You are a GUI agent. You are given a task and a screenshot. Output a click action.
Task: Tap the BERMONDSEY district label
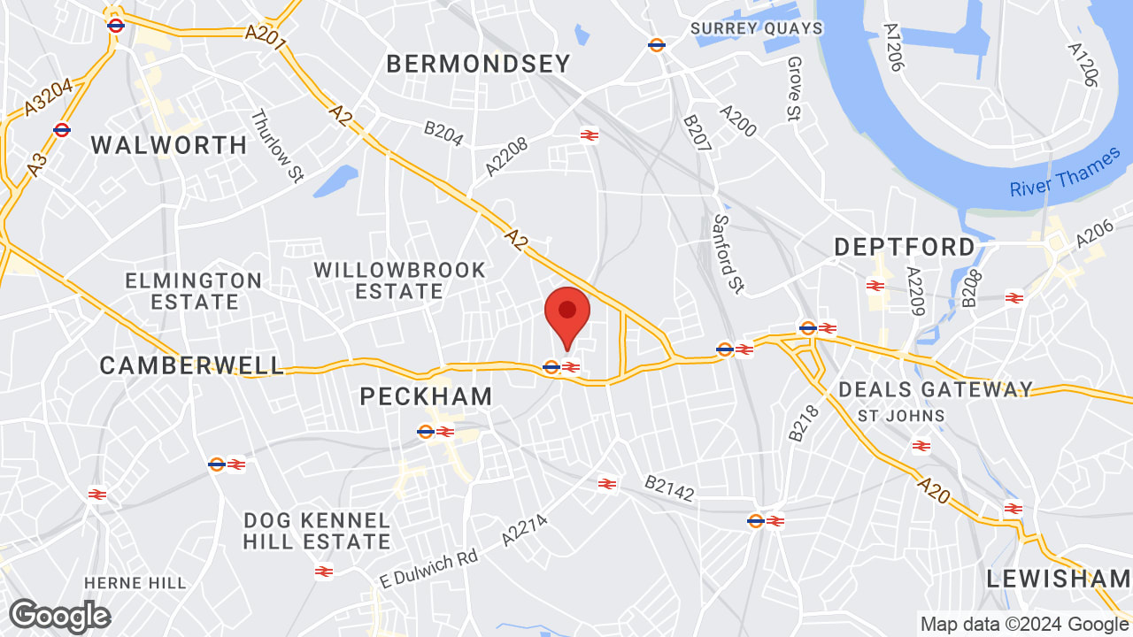pyautogui.click(x=479, y=64)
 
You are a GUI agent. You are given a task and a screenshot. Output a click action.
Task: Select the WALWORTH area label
pyautogui.click(x=169, y=145)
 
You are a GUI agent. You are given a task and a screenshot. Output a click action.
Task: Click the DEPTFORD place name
pyautogui.click(x=905, y=247)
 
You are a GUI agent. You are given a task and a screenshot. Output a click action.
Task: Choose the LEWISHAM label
pyautogui.click(x=1059, y=579)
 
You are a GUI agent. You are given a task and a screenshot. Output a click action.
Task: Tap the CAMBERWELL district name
pyautogui.click(x=192, y=365)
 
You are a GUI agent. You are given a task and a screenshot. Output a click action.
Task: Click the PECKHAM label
pyautogui.click(x=426, y=396)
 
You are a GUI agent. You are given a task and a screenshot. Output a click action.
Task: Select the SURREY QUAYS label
pyautogui.click(x=757, y=28)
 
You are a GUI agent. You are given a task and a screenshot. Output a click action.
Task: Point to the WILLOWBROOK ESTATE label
pyautogui.click(x=400, y=280)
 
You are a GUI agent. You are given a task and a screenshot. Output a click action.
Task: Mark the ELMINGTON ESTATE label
pyautogui.click(x=194, y=291)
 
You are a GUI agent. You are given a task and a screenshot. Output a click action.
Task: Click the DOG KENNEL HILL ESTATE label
pyautogui.click(x=317, y=531)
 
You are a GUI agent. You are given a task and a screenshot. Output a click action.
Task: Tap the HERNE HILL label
pyautogui.click(x=135, y=583)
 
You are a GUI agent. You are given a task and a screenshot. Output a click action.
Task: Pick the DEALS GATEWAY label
pyautogui.click(x=936, y=389)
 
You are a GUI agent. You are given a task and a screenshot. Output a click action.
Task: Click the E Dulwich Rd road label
pyautogui.click(x=428, y=570)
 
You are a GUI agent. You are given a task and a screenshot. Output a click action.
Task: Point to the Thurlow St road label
pyautogui.click(x=277, y=147)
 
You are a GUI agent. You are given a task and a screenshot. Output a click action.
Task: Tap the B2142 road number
pyautogui.click(x=669, y=487)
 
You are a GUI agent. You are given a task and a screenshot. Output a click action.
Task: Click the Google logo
pyautogui.click(x=59, y=616)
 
